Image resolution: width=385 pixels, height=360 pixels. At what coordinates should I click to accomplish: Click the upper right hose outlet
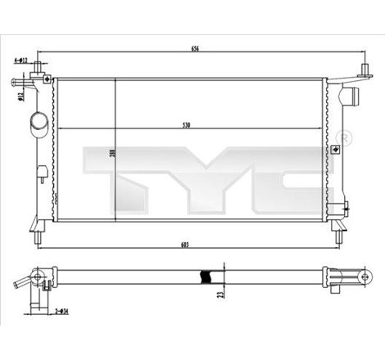[352, 96]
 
